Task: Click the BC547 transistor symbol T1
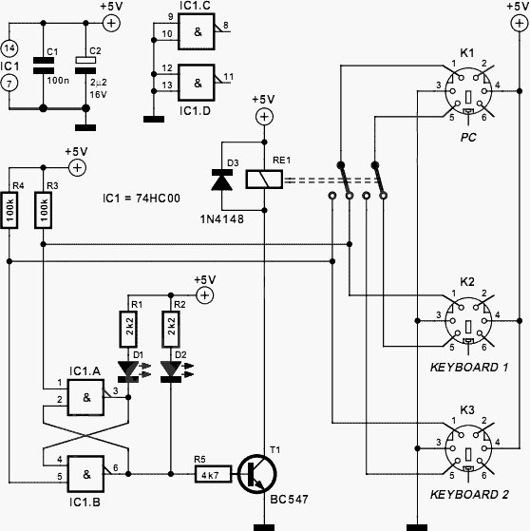point(257,474)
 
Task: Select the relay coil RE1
point(264,180)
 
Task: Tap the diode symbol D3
point(222,180)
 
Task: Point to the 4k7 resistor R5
point(214,474)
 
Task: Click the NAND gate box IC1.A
point(85,397)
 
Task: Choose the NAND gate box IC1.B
point(85,474)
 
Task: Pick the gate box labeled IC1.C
point(197,31)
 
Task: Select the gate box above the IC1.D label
point(197,83)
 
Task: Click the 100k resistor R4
point(9,210)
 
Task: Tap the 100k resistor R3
point(43,210)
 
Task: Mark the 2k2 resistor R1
point(128,330)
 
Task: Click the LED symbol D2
point(171,371)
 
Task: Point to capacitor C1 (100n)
point(44,66)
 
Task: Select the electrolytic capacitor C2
point(85,66)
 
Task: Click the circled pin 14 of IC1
point(9,48)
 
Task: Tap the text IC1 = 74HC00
point(142,199)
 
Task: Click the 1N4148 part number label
point(222,219)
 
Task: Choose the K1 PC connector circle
point(468,91)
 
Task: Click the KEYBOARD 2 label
point(469,494)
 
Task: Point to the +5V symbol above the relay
point(264,117)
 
